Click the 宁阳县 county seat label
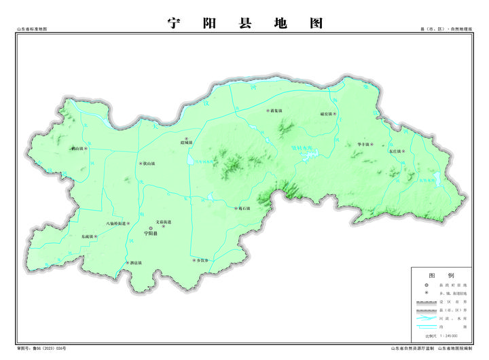click(151, 233)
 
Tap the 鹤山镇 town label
click(77, 149)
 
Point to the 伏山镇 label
click(148, 164)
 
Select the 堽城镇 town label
click(186, 143)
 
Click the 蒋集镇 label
click(275, 110)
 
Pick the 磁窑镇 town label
click(326, 114)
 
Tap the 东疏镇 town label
click(88, 236)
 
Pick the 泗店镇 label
click(134, 262)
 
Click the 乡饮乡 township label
click(202, 260)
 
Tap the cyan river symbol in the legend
click(425, 317)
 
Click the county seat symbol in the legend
click(425, 285)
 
